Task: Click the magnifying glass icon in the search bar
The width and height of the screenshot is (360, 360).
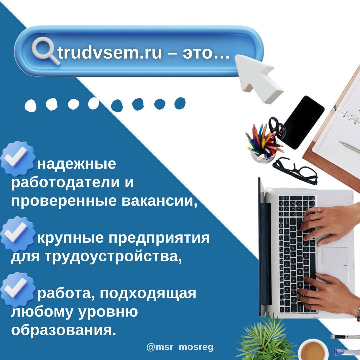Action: pos(45,50)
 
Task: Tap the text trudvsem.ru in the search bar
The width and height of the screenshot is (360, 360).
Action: pos(110,53)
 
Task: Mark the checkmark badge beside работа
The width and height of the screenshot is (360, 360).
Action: pos(17,290)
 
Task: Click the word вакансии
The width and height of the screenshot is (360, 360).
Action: pos(159,201)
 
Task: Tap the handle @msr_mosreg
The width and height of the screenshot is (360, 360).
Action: pos(180,347)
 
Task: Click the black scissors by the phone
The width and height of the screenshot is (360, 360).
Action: pos(277,127)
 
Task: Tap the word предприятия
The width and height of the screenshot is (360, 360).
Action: pos(159,238)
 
